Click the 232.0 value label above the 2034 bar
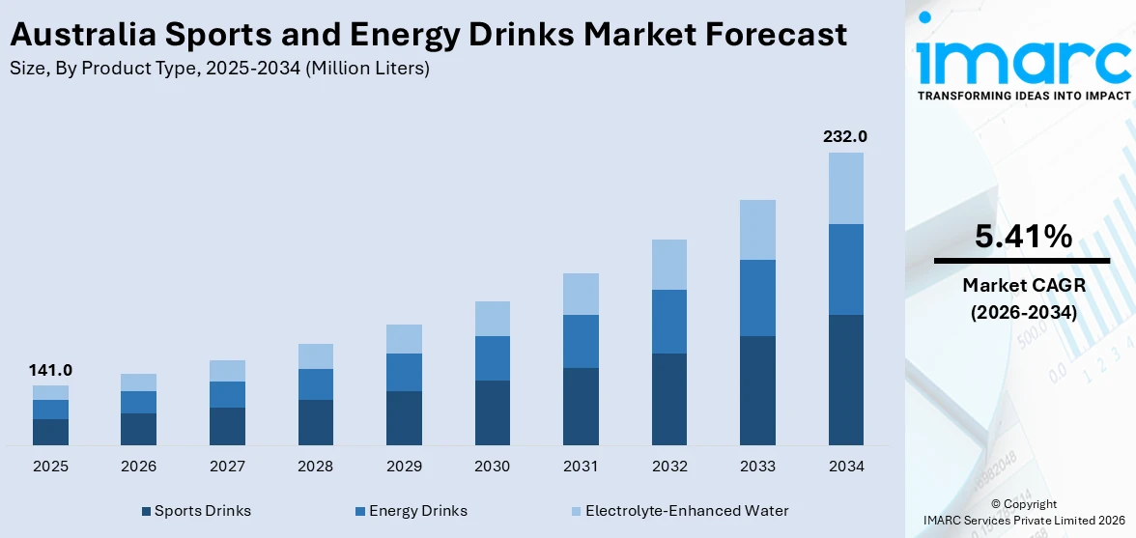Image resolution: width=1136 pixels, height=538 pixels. tap(845, 136)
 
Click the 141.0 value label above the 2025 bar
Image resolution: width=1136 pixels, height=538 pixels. tap(50, 370)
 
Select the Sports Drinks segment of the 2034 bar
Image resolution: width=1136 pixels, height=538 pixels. tap(845, 380)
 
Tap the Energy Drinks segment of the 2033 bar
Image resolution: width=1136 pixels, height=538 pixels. tap(757, 297)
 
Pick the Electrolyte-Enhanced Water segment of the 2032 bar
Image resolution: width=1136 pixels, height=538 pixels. tap(669, 265)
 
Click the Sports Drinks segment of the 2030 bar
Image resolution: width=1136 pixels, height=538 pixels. tap(492, 412)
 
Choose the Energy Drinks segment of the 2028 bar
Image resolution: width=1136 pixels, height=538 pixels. tap(315, 384)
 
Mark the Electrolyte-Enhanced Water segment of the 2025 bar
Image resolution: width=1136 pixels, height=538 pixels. tap(50, 392)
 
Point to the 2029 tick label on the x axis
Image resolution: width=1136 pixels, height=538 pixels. tap(404, 467)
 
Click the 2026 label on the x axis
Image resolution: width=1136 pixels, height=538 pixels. tap(138, 467)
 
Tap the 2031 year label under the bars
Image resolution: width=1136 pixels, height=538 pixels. tap(581, 467)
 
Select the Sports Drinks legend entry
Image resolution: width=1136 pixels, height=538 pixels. tap(202, 511)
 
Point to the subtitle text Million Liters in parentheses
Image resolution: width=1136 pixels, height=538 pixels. tap(368, 69)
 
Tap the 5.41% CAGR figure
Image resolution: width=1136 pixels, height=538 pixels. tap(1022, 236)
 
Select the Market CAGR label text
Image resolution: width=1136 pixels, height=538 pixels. tap(1022, 285)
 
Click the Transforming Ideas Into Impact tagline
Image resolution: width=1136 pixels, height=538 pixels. tap(1022, 96)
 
